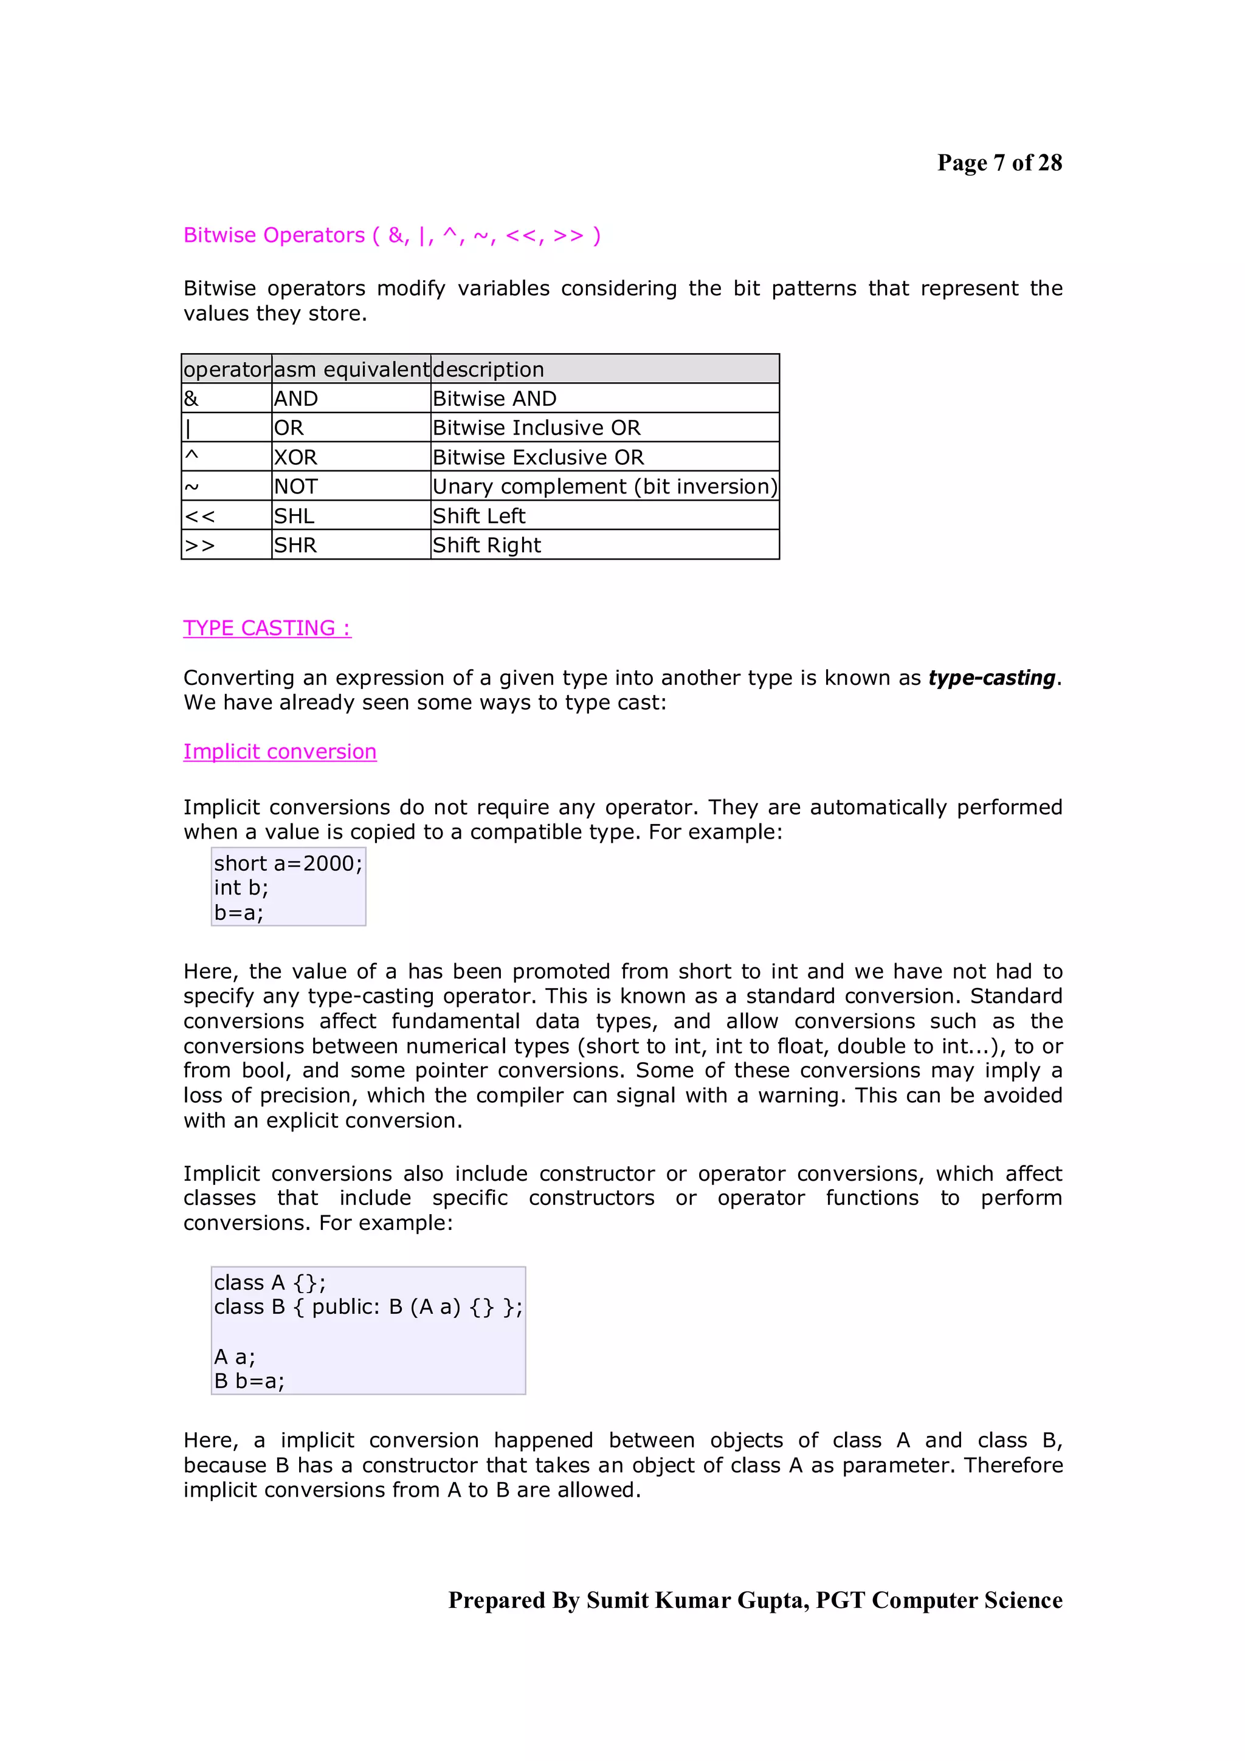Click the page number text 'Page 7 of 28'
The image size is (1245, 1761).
click(x=999, y=163)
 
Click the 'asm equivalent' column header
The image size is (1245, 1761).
click(x=351, y=369)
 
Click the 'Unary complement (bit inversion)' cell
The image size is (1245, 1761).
click(x=604, y=486)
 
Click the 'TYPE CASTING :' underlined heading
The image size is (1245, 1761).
click(x=267, y=628)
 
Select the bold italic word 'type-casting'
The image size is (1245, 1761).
click(x=992, y=678)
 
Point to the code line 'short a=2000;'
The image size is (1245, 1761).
click(x=288, y=863)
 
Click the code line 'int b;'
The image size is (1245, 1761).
click(x=241, y=888)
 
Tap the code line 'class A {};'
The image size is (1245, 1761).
click(x=269, y=1282)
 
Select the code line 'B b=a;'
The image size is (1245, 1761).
click(x=249, y=1381)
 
